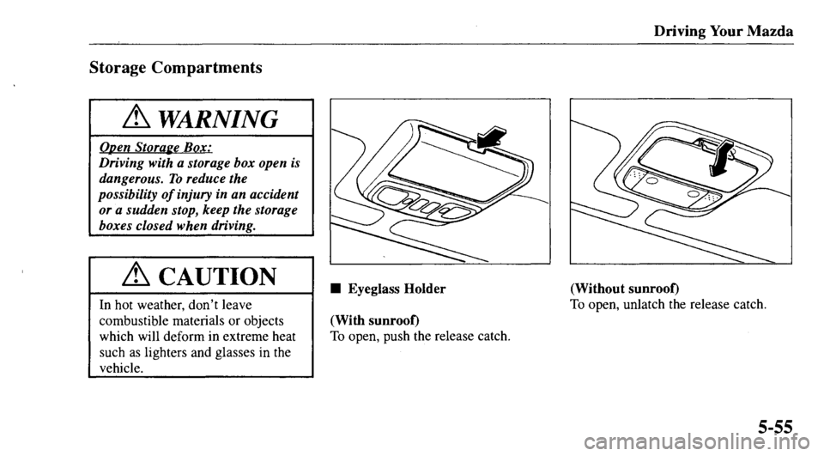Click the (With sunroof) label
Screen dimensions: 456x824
pyautogui.click(x=366, y=320)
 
